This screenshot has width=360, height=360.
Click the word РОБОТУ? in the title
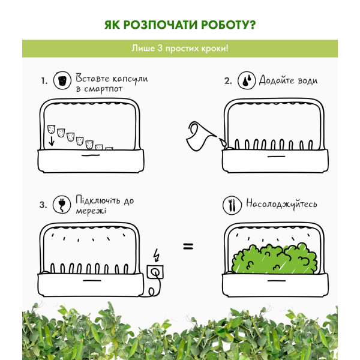coord(229,25)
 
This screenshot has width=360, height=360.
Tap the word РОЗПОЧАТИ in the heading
coord(160,25)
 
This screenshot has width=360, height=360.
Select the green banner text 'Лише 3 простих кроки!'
coord(180,49)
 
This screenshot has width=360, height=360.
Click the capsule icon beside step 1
coord(62,80)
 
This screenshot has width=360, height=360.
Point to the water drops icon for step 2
coord(247,80)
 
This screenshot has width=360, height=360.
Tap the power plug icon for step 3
coord(62,205)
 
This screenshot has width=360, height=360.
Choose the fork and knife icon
coord(232,205)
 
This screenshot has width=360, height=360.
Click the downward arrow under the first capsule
coord(52,141)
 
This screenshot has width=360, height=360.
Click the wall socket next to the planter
coord(155,272)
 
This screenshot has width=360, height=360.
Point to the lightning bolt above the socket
coord(157,255)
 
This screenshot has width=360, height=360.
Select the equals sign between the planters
coord(188,247)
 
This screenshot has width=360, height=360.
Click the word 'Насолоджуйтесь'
coord(281,204)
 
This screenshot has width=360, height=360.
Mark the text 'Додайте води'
coord(289,80)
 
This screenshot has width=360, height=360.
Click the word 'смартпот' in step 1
coord(103,89)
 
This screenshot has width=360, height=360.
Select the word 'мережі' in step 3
coord(91,211)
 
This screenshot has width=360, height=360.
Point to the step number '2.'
coord(228,81)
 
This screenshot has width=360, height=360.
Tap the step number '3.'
coord(43,205)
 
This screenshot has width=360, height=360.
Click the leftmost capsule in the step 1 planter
coord(51,129)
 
